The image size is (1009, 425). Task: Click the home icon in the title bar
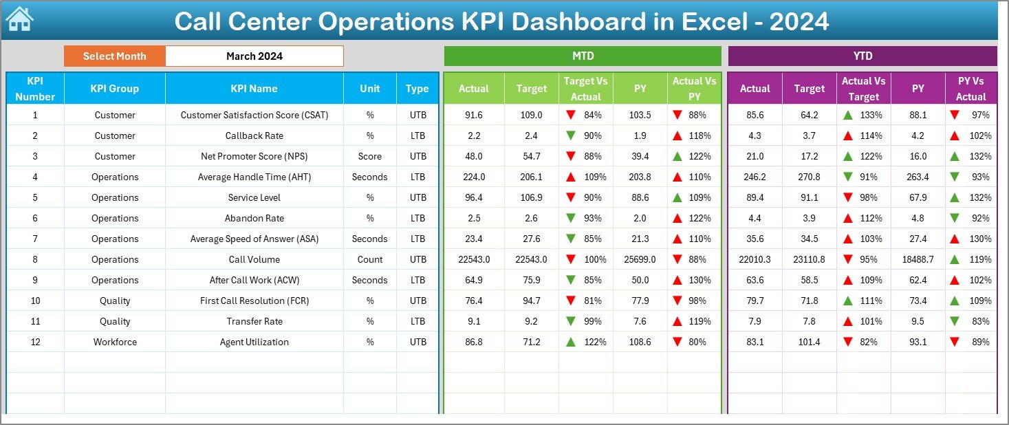tap(19, 20)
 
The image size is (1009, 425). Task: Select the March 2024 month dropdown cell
tap(254, 56)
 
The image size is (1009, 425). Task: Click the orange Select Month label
tap(114, 56)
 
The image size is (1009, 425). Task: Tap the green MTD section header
tap(583, 56)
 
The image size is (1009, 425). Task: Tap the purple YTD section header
tap(862, 56)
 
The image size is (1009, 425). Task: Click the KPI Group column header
tap(114, 89)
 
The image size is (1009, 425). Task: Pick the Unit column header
tap(369, 89)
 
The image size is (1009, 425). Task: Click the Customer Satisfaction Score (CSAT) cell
tap(254, 115)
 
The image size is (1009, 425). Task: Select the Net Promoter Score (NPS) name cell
tap(254, 156)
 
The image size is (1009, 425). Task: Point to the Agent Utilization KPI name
tap(254, 342)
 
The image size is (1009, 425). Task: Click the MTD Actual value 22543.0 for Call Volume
tap(474, 259)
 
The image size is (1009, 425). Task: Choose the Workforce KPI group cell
tap(114, 342)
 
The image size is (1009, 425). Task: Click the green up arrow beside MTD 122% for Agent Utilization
tap(570, 342)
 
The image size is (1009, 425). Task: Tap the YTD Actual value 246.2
tap(755, 177)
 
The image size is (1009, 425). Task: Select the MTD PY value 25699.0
tap(640, 259)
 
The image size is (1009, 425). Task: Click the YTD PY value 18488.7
tap(918, 259)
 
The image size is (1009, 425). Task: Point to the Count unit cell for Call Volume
tap(369, 259)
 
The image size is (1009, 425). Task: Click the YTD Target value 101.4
tap(809, 342)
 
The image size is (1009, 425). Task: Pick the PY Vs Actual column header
tap(970, 89)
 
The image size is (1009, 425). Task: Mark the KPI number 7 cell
tap(35, 239)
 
